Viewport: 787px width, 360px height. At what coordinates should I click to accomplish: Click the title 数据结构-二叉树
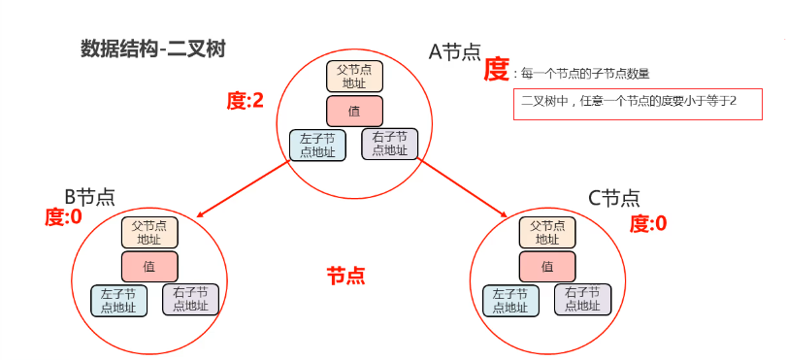pos(153,49)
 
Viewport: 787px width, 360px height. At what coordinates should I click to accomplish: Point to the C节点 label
pos(614,198)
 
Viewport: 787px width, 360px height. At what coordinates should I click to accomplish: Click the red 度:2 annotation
pos(245,99)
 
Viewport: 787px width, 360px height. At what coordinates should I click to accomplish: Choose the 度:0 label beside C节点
pos(648,224)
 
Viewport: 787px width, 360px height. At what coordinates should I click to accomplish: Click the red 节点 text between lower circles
pos(345,276)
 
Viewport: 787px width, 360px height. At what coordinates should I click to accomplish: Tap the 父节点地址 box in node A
pos(354,76)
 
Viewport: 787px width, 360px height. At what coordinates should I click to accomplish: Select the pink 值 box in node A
pos(354,111)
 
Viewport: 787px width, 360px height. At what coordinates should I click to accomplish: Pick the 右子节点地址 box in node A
pos(389,144)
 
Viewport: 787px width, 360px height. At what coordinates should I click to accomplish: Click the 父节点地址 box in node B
pos(148,233)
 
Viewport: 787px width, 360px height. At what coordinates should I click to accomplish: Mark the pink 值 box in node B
pos(148,266)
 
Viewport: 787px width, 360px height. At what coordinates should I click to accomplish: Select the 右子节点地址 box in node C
pos(582,299)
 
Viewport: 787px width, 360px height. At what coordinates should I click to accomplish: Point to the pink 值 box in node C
pos(547,266)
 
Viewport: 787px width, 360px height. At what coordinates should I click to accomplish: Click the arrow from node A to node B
pos(243,189)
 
